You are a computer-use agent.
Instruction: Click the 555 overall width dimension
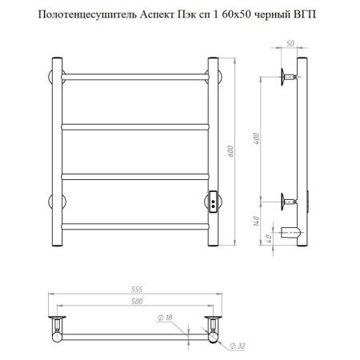pyautogui.click(x=133, y=290)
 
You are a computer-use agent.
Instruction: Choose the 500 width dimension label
pyautogui.click(x=133, y=302)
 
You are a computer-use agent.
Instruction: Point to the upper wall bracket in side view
pyautogui.click(x=288, y=78)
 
